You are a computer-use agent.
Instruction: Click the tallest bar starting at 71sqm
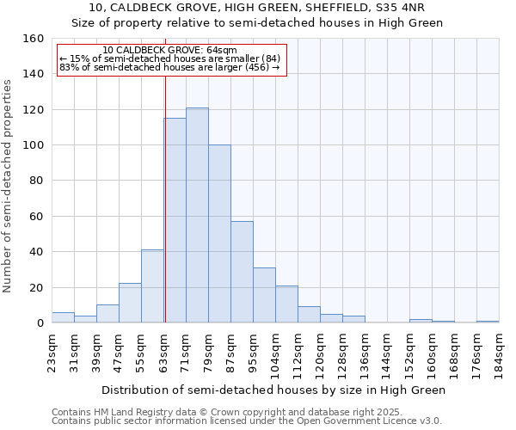197,215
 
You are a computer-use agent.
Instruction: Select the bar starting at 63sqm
175,220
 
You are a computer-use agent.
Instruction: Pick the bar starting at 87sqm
242,272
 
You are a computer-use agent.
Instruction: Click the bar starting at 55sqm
152,286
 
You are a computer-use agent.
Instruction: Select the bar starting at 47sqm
130,304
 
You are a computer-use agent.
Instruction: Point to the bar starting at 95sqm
264,295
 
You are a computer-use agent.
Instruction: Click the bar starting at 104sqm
286,304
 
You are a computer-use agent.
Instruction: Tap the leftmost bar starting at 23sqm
63,317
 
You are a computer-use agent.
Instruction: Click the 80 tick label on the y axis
38,181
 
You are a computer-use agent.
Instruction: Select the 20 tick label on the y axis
38,288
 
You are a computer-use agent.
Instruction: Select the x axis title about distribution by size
273,390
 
